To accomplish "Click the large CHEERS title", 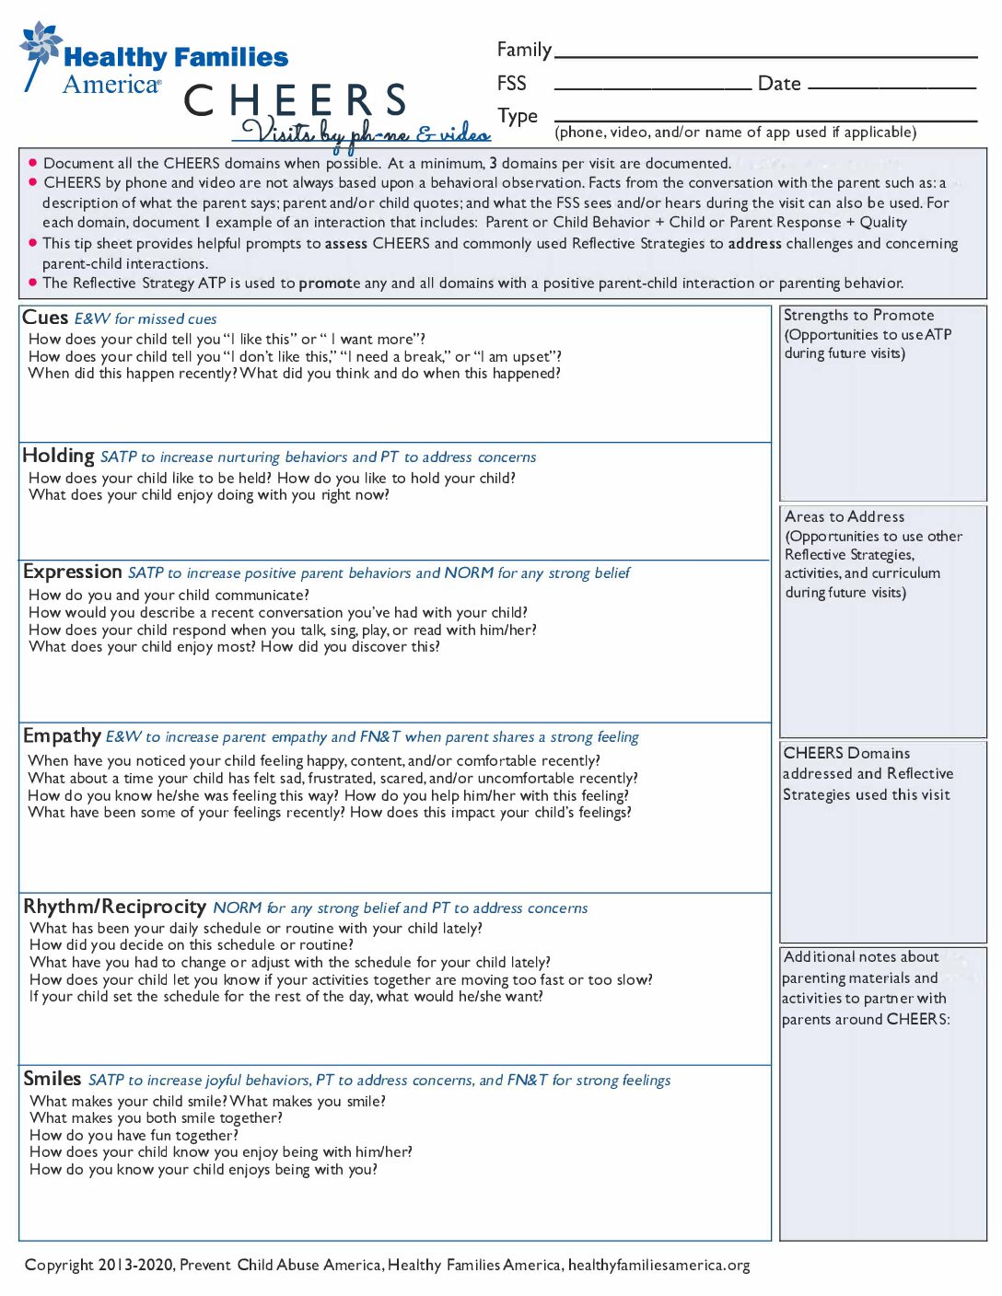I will coord(296,100).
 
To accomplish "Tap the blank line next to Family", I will coord(765,53).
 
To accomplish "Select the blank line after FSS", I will coord(652,86).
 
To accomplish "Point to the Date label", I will coord(778,84).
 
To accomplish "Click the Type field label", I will coord(518,116).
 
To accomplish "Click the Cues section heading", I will coord(45,318).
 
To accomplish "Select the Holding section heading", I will coord(58,456).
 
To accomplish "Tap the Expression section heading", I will coord(72,572).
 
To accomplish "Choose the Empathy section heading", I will coord(62,735).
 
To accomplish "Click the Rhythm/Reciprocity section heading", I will coord(114,907).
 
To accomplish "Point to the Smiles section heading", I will coord(52,1079).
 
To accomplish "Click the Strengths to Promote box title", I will coord(858,316).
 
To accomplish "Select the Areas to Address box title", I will coord(845,517).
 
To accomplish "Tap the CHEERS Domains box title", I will coord(846,753).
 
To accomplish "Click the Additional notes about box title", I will coord(860,957).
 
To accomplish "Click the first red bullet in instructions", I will coord(33,163).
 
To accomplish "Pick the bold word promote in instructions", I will coord(329,283).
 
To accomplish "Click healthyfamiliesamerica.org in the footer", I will coord(658,1265).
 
